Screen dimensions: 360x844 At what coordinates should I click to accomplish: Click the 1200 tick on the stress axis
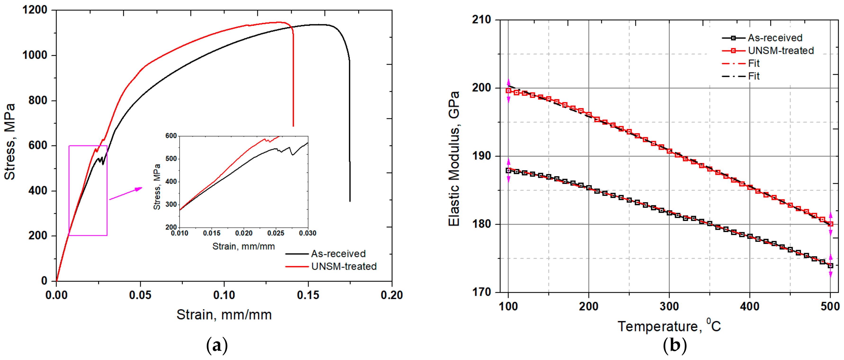pyautogui.click(x=34, y=10)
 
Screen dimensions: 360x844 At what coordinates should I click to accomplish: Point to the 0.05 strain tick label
pyautogui.click(x=140, y=295)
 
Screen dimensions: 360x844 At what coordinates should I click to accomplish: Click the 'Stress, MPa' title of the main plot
pyautogui.click(x=10, y=142)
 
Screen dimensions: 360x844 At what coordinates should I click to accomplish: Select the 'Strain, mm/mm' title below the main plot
pyautogui.click(x=224, y=315)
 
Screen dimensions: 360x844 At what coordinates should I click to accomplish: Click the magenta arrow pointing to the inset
pyautogui.click(x=126, y=194)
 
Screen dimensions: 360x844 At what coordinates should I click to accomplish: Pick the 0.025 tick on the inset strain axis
pyautogui.click(x=276, y=233)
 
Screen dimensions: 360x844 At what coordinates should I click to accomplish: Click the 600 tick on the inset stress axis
pyautogui.click(x=171, y=136)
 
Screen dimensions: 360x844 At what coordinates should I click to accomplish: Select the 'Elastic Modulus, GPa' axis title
pyautogui.click(x=454, y=159)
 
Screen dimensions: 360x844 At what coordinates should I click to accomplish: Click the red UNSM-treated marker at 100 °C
pyautogui.click(x=508, y=91)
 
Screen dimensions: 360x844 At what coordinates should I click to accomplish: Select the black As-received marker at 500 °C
pyautogui.click(x=830, y=266)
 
